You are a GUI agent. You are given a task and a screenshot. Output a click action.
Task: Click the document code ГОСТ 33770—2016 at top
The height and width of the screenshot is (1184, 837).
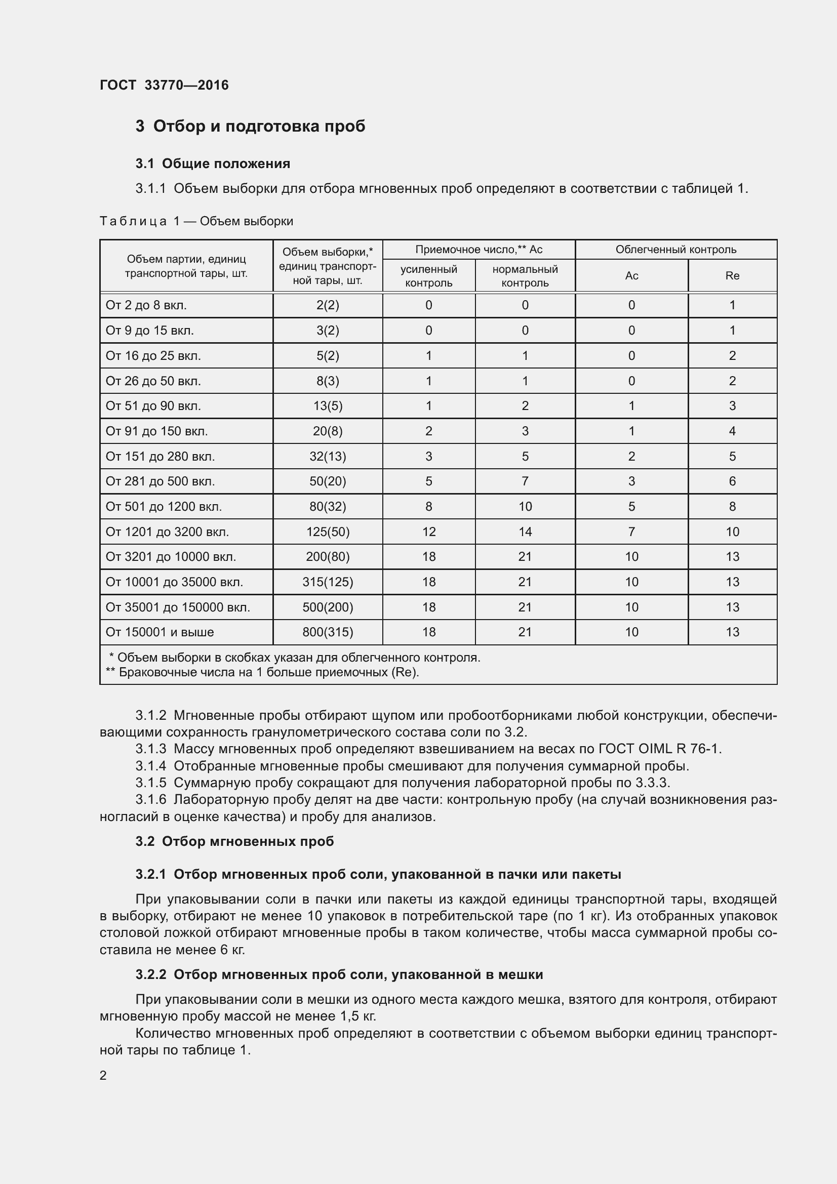click(x=164, y=85)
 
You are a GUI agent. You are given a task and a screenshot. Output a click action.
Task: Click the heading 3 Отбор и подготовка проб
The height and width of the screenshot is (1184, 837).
click(x=250, y=126)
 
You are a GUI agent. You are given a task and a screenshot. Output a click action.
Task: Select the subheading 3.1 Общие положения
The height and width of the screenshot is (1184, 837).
click(x=213, y=164)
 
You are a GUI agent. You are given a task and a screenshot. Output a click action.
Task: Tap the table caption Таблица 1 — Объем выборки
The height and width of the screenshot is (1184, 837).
click(x=196, y=221)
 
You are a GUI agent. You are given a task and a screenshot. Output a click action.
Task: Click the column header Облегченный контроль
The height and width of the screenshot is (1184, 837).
click(x=675, y=250)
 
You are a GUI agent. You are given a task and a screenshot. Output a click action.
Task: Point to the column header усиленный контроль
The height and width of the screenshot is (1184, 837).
click(x=428, y=276)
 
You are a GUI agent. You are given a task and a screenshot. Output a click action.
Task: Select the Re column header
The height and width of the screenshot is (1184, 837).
click(x=732, y=276)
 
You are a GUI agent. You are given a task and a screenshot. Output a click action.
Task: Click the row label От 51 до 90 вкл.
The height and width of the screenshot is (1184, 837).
click(x=153, y=406)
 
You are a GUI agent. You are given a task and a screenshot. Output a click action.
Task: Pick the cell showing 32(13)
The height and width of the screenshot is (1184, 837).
click(x=328, y=457)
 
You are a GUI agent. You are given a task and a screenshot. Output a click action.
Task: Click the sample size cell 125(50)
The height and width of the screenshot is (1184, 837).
click(x=328, y=532)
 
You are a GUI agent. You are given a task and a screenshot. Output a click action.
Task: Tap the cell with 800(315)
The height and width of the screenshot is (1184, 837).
click(x=328, y=632)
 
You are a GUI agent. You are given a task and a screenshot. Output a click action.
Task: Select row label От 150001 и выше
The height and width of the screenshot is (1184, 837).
click(x=160, y=632)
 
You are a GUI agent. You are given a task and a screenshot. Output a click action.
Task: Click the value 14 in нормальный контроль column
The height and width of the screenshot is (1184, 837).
click(x=525, y=532)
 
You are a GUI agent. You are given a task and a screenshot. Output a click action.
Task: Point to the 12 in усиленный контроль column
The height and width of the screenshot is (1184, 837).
click(x=428, y=532)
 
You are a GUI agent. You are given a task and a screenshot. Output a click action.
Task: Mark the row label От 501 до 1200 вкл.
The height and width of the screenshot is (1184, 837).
click(x=164, y=506)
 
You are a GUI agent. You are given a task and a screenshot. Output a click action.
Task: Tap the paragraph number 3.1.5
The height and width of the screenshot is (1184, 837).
click(x=150, y=783)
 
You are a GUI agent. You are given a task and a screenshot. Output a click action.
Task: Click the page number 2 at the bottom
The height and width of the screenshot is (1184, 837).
click(x=103, y=1075)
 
